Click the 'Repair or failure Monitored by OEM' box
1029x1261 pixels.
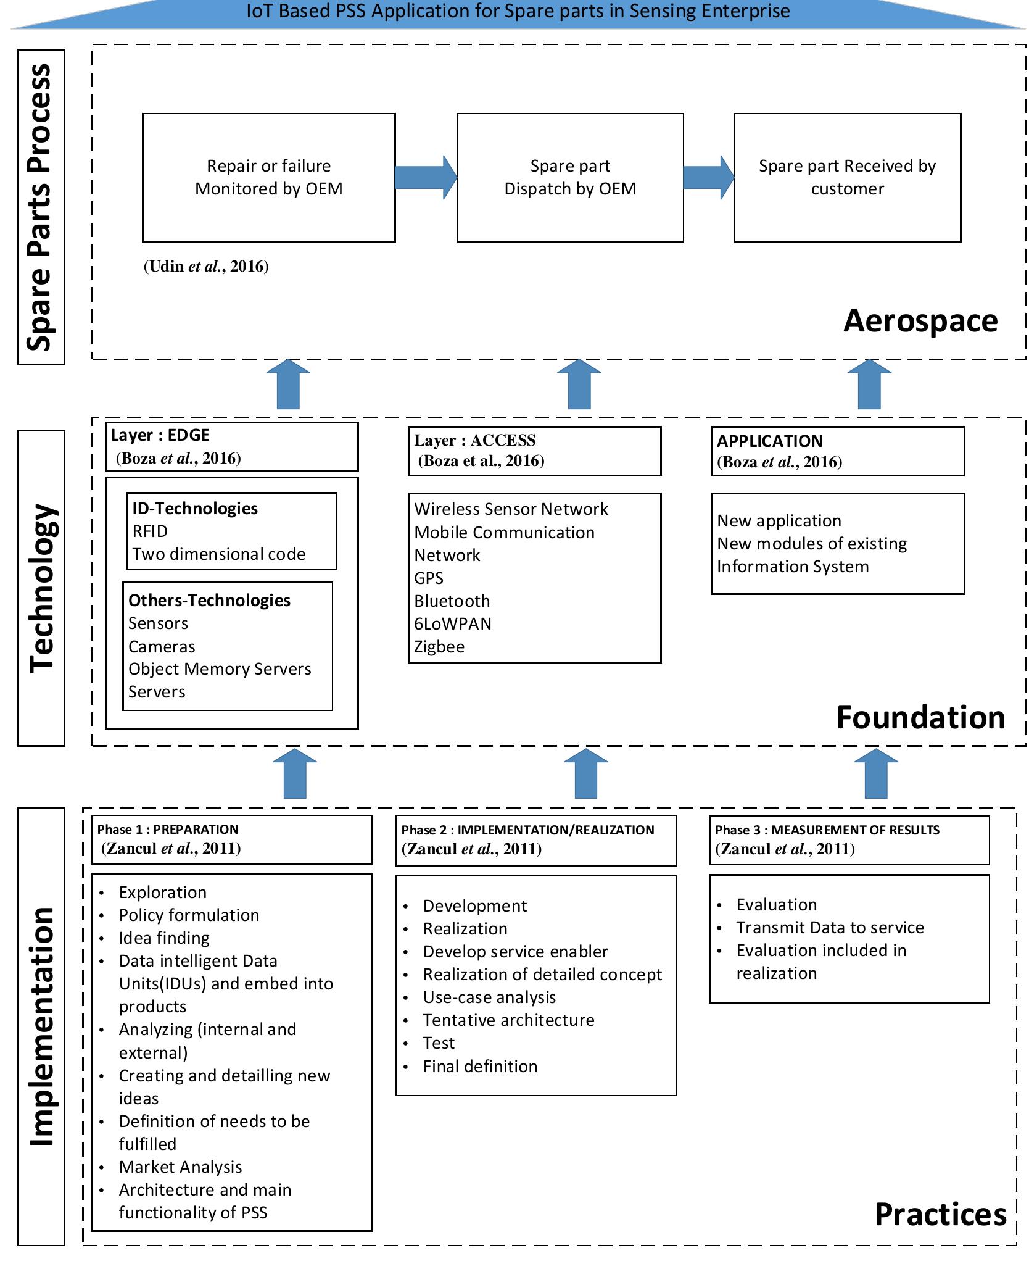point(268,177)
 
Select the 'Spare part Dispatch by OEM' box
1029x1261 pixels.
point(569,177)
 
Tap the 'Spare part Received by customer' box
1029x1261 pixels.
point(846,177)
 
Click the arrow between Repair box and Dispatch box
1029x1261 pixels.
point(425,177)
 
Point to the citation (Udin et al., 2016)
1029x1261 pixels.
point(206,266)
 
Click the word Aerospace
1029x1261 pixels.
point(920,320)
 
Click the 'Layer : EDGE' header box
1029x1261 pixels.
point(231,446)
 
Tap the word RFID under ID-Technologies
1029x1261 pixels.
point(150,531)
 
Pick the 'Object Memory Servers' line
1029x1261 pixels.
point(220,669)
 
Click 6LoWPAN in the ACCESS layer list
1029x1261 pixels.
point(453,624)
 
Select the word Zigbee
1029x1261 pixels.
point(439,647)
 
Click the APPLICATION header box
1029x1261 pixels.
point(837,451)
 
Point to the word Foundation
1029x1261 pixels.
point(920,718)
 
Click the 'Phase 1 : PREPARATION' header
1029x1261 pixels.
point(231,839)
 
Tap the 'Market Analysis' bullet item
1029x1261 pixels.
point(180,1167)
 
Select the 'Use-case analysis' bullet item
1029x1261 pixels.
point(489,997)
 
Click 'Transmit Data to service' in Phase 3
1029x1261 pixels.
point(830,928)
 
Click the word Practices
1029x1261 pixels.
point(940,1215)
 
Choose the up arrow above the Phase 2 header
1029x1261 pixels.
point(585,774)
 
